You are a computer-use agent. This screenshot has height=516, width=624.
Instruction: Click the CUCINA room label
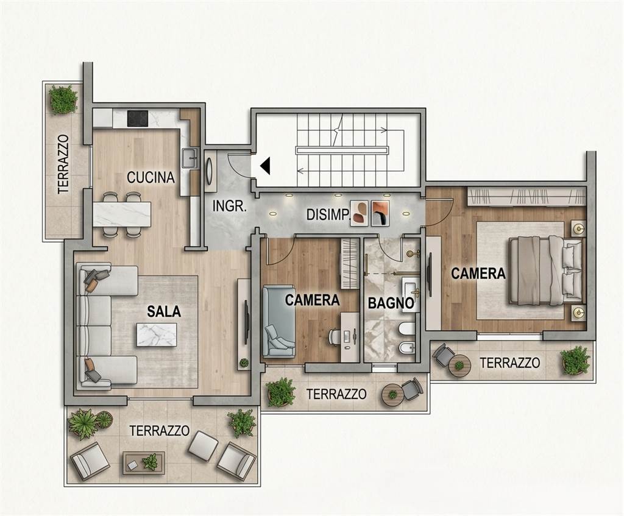point(151,177)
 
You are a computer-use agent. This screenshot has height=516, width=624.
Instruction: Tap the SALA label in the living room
point(164,311)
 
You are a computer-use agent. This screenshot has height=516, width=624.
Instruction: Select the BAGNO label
point(391,303)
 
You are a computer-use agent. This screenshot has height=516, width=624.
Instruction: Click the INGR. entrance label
point(230,206)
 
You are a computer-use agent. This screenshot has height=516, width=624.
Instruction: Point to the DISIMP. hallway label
point(327,215)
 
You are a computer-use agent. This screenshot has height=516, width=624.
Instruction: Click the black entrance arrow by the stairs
point(265,166)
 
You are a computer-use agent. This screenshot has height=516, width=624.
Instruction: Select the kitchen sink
point(191,158)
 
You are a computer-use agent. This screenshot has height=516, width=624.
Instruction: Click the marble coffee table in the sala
point(157,334)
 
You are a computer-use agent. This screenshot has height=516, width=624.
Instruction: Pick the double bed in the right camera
point(546,270)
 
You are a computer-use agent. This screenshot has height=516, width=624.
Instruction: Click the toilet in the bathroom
point(406,328)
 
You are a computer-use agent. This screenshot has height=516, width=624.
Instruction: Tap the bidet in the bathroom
point(406,348)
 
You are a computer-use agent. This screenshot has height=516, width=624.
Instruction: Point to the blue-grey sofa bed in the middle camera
point(278,320)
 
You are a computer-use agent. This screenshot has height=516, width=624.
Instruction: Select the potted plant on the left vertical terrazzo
point(63,99)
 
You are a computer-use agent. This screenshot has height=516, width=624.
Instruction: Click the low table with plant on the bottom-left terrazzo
point(144,462)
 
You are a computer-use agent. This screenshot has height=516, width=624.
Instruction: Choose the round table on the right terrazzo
point(459,365)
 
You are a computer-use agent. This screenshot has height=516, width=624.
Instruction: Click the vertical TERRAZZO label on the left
point(63,163)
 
